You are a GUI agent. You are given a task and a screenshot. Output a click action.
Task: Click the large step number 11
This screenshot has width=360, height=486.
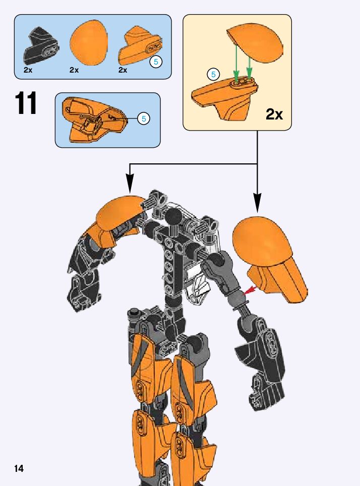point(26,104)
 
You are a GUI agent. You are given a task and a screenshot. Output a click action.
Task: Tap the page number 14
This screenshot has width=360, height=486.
point(19,469)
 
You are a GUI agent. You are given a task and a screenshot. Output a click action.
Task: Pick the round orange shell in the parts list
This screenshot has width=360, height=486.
point(89,44)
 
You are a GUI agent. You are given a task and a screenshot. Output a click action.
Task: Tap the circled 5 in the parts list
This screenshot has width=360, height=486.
point(156,63)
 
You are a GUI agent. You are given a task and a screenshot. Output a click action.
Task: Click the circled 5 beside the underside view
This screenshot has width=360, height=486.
point(144,119)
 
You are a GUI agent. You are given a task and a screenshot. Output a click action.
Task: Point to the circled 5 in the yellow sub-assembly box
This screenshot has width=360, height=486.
point(213,75)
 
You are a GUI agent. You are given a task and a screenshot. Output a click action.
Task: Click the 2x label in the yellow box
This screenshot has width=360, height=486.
point(274,114)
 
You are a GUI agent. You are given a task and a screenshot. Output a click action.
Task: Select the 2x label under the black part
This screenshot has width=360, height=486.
point(28,70)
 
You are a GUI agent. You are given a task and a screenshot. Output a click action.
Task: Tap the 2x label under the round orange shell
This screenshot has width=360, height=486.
point(74,70)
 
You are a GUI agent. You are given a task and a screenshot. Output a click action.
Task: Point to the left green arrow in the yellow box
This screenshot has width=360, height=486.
point(236,65)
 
